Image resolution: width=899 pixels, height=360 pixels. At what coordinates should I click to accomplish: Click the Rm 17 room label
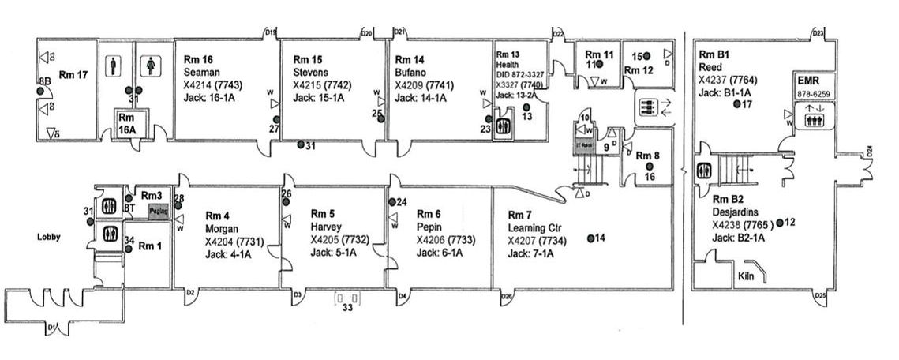click(x=73, y=75)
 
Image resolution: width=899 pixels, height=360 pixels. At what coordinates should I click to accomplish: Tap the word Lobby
click(x=50, y=236)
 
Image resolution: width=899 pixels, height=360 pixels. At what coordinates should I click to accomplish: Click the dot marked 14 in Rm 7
click(x=590, y=238)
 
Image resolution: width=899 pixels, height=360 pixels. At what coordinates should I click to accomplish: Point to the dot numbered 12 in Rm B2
click(x=779, y=223)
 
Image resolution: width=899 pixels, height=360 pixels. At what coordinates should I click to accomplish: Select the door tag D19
click(x=270, y=32)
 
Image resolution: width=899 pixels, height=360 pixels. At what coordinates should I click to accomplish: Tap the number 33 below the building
click(x=347, y=307)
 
